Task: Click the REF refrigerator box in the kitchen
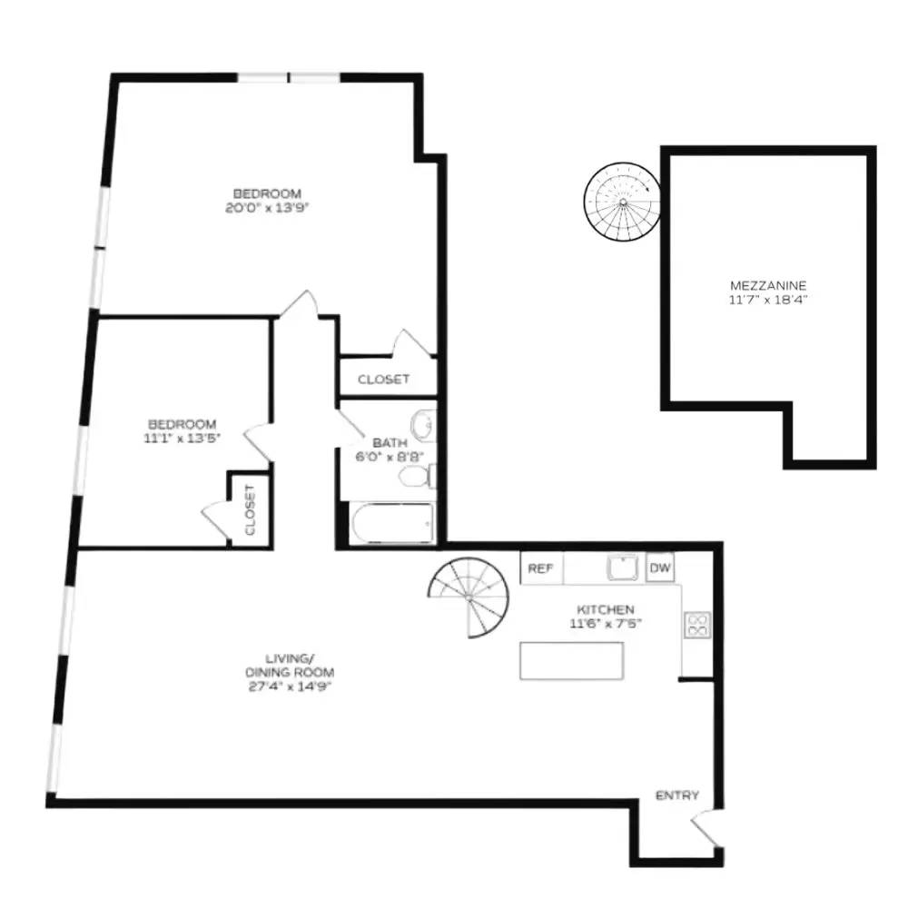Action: pos(541,568)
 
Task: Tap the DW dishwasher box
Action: pos(660,568)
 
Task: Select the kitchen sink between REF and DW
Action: pos(623,568)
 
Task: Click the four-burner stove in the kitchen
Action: pos(696,625)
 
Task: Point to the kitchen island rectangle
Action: pos(571,660)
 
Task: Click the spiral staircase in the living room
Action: pos(470,595)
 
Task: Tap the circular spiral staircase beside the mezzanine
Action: pos(621,201)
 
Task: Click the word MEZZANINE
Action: pos(767,283)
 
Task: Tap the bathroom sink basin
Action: pos(422,423)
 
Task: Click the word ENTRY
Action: pos(677,796)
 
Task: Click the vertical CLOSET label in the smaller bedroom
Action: pos(250,509)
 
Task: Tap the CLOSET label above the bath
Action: pos(383,380)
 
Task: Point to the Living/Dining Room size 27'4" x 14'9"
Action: pos(290,686)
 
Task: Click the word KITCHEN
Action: pos(602,609)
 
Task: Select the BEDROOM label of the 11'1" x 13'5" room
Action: pos(183,424)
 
